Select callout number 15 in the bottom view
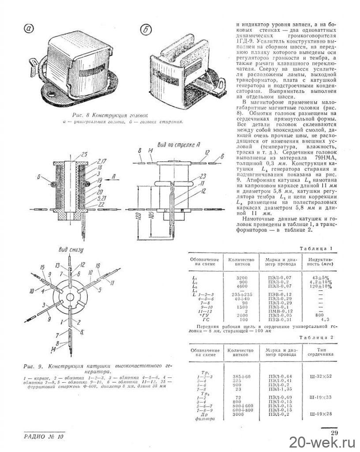tap(42, 267)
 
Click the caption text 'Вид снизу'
tap(71, 250)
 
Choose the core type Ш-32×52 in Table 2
tap(321, 376)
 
